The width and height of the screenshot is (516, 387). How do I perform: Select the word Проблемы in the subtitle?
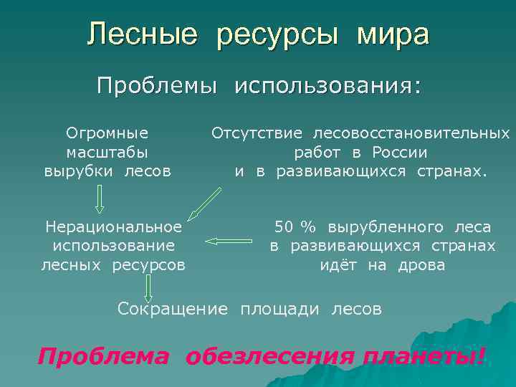(157, 87)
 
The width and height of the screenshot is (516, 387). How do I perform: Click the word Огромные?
(107, 133)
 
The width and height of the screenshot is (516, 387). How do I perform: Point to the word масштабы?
(107, 152)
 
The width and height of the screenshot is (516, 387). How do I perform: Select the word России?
(399, 152)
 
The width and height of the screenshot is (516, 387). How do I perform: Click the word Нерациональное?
(113, 227)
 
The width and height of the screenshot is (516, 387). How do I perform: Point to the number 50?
(284, 227)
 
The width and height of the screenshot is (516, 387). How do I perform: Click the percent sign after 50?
(309, 227)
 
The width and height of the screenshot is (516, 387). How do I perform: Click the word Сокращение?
(172, 310)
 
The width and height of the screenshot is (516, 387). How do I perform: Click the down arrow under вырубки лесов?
(100, 199)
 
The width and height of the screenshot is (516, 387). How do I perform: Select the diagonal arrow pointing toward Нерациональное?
(205, 203)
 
